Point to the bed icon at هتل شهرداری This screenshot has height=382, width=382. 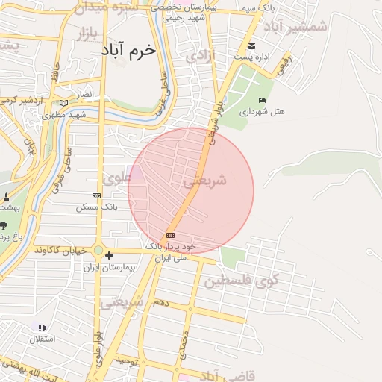(x=261, y=101)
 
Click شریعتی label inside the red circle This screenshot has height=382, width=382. (x=204, y=181)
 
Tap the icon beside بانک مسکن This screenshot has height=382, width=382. (x=96, y=195)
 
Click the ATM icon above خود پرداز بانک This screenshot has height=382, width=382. (x=170, y=235)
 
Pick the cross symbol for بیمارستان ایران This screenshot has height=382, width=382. (x=109, y=256)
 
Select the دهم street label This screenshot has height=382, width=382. (x=160, y=303)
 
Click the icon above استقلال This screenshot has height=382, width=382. (x=41, y=328)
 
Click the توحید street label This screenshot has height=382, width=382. (x=127, y=360)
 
